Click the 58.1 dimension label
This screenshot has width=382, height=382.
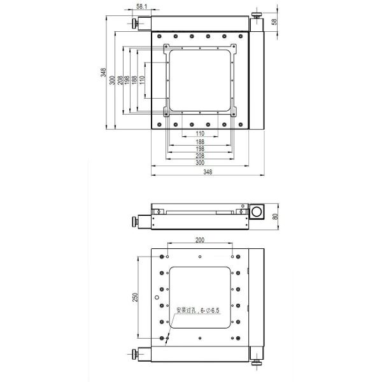pos(142,6)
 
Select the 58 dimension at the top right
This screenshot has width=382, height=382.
pos(274,22)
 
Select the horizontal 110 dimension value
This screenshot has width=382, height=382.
pos(199,133)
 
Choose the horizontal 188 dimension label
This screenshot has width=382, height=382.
pos(199,141)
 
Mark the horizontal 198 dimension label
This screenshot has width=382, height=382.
pos(199,148)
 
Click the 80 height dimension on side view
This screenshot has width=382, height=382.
pos(274,216)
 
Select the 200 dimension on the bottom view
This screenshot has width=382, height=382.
pos(200,240)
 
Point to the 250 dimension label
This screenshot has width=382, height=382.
pos(134,298)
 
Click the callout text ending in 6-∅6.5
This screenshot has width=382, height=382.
pos(197,310)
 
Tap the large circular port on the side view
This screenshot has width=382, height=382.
pos(257,212)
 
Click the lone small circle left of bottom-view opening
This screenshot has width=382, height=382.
pos(155,297)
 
